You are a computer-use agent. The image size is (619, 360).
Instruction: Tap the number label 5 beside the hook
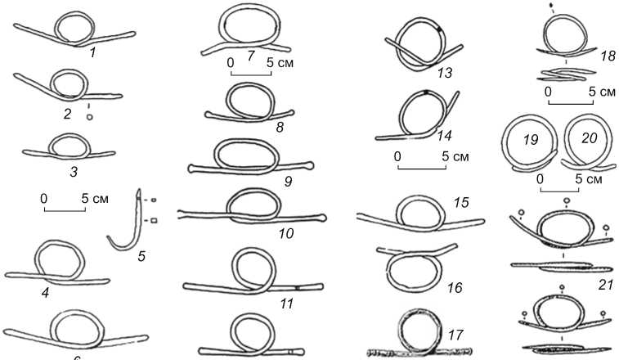(141, 256)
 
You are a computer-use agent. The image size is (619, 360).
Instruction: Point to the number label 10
(286, 233)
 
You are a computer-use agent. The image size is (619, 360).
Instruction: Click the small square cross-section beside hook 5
(153, 220)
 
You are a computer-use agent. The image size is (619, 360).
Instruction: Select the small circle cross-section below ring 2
(89, 117)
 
